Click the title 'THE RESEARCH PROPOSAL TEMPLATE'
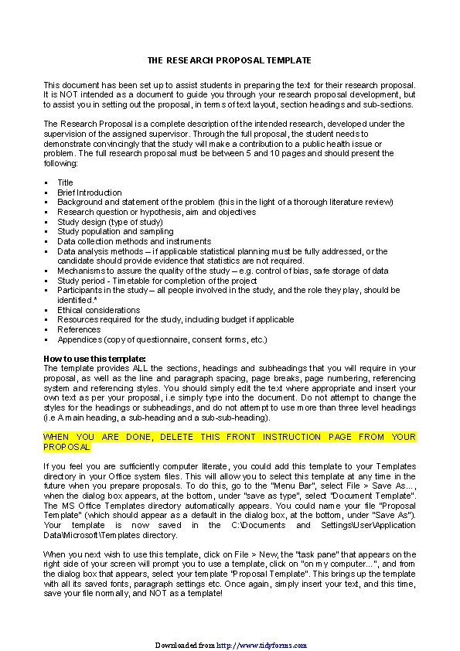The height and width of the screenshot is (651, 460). point(230,60)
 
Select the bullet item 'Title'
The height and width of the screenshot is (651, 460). point(65,182)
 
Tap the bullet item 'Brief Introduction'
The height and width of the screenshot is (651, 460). point(90,193)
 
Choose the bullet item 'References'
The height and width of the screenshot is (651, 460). point(79,329)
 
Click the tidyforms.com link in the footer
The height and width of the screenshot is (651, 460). point(261,645)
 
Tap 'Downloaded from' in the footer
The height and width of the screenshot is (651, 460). point(184,645)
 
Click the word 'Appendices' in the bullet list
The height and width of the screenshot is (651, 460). point(80,339)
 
